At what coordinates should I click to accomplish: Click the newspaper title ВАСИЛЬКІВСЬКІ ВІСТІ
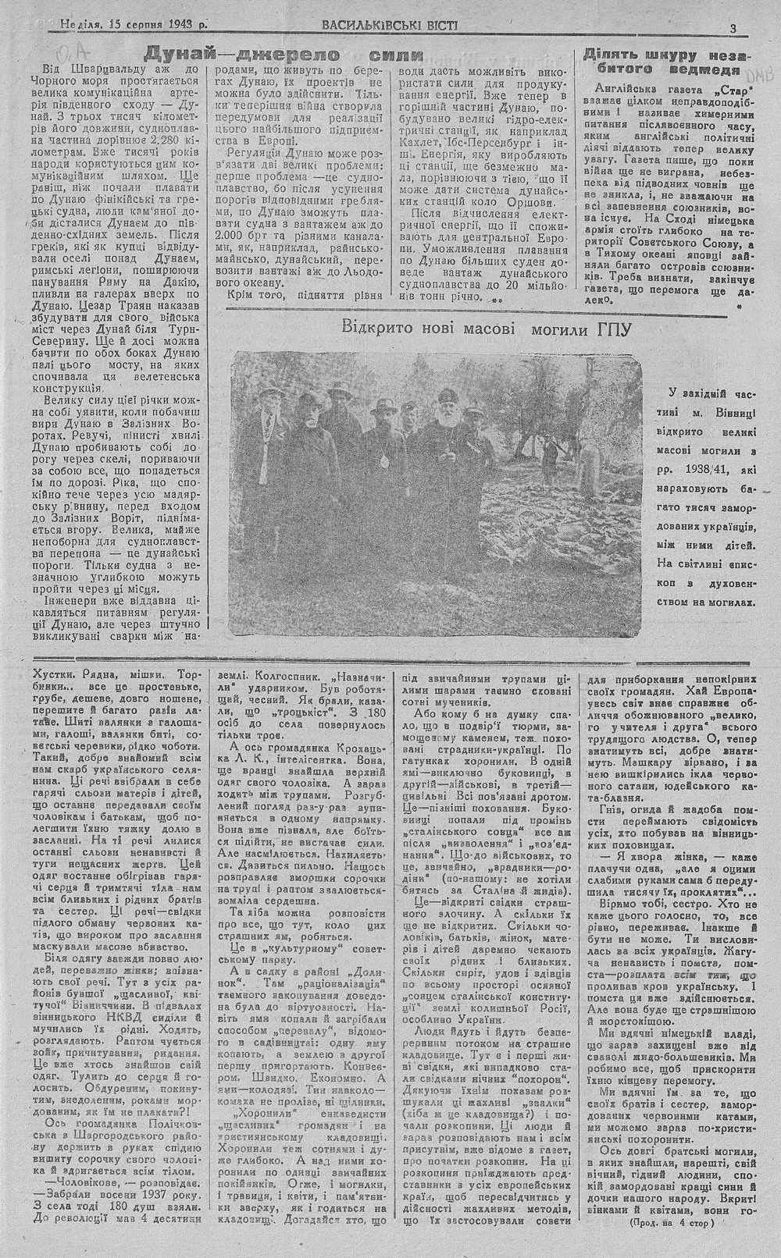tap(390, 25)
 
